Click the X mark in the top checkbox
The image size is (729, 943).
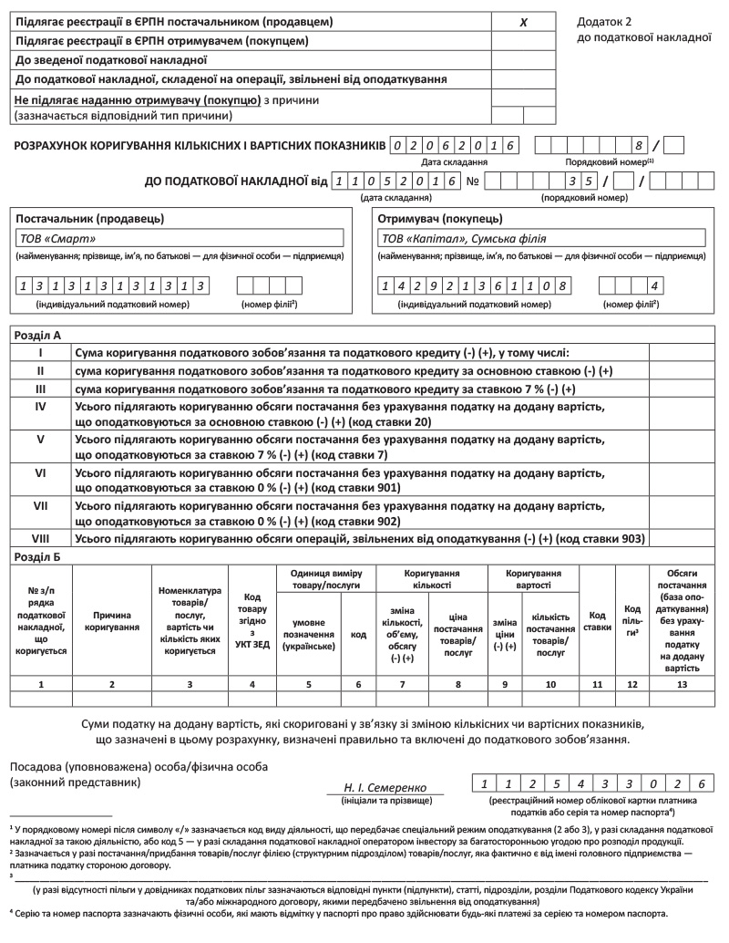523,21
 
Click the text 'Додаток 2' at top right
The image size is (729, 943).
604,21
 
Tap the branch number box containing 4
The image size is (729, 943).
653,285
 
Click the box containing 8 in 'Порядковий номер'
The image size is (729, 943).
640,145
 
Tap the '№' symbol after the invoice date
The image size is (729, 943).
473,181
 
